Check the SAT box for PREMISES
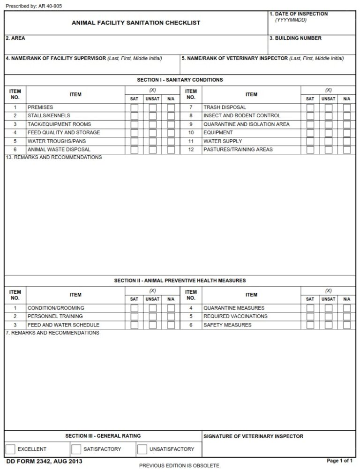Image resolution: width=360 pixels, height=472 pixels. pos(135,107)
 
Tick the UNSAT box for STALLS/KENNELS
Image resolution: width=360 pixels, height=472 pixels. pos(152,116)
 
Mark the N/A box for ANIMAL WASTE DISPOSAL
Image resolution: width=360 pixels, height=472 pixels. pos(171,150)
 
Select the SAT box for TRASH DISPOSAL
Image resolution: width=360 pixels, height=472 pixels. pos(310,107)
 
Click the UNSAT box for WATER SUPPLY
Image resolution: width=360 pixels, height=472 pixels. pos(328,141)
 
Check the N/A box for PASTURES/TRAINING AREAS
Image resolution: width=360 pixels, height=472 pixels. pos(346,150)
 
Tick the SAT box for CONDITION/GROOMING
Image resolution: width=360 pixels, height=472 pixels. pos(135,308)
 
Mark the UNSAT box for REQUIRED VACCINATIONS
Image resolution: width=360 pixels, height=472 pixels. pos(328,317)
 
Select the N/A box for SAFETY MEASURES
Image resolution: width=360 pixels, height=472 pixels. pos(346,325)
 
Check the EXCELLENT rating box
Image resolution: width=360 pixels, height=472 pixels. pos(10,449)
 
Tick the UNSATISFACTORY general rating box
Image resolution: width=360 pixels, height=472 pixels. pos(142,449)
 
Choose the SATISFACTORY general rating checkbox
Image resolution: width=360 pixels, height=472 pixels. pos(76,449)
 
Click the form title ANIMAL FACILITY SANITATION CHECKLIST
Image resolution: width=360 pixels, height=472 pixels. pos(136,23)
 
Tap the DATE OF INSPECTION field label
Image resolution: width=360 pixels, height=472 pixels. pos(300,14)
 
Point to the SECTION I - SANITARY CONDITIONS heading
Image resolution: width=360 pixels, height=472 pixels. pos(180,80)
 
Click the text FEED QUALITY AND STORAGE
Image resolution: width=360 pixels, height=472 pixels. pos(64,133)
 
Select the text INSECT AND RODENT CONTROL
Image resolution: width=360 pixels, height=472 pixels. pos(242,116)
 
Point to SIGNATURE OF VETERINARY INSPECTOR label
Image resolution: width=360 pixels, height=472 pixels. pos(254,436)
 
